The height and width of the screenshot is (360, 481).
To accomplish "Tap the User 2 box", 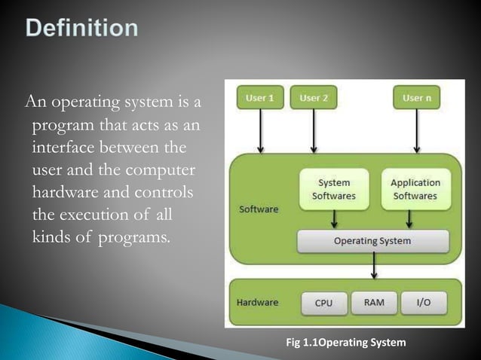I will click(314, 98).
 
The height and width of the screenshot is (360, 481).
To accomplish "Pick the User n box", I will click(416, 98).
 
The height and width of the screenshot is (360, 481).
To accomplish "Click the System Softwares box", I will click(333, 189).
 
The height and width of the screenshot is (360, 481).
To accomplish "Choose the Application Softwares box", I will click(415, 189).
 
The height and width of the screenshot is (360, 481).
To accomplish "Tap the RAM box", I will click(373, 303).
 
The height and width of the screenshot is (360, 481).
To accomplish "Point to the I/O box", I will click(423, 303).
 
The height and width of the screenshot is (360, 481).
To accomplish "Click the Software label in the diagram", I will click(259, 209).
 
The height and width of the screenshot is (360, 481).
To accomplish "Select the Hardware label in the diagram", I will click(258, 303).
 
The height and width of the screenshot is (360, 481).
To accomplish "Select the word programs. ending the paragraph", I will click(134, 238).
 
